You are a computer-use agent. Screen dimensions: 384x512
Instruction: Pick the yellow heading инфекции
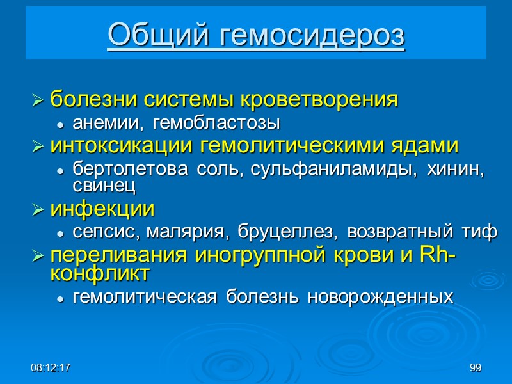coord(102,209)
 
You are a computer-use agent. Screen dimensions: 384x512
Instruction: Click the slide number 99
coord(475,368)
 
